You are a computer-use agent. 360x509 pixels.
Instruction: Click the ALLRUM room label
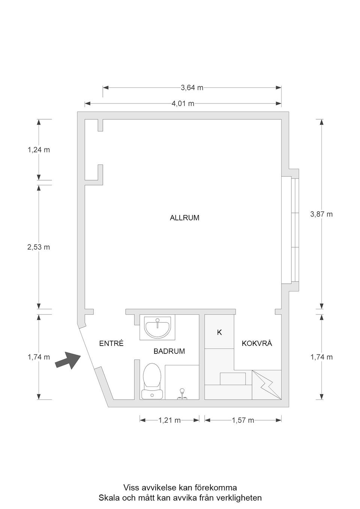pos(184,218)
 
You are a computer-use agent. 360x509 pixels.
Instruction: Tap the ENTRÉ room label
pos(111,343)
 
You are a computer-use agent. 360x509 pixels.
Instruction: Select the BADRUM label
pos(169,351)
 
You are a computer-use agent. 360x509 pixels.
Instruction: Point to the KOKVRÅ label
pos(257,343)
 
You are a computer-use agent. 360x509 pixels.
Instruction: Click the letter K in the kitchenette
pos(219,332)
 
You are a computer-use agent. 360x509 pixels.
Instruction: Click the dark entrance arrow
pos(68,361)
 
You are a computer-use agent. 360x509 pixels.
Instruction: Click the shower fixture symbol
pos(182,394)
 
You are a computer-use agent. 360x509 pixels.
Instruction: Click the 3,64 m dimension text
pos(192,88)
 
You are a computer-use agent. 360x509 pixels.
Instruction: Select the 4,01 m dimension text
pos(183,104)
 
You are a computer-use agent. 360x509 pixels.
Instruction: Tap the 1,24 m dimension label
pos(39,150)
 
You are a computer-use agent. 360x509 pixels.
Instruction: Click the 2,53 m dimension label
pos(39,247)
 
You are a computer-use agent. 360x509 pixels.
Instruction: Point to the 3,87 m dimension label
pos(321,214)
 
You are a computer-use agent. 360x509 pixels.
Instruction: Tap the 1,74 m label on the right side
pos(321,357)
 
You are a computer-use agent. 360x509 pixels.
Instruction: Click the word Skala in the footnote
pos(108,498)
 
